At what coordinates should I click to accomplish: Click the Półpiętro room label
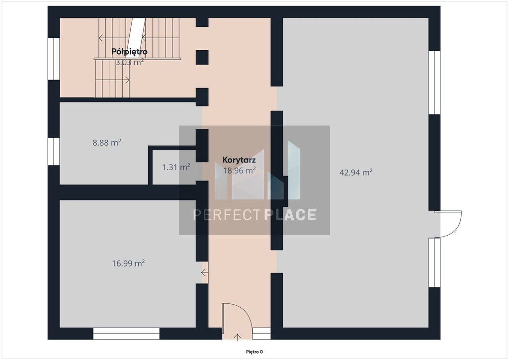[x=130, y=52]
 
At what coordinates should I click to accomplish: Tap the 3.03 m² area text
[x=130, y=62]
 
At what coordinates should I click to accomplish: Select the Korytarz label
[x=239, y=160]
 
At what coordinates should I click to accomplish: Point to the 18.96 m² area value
[x=239, y=171]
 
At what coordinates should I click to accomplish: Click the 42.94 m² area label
[x=356, y=173]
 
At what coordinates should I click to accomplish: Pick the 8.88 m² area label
[x=107, y=143]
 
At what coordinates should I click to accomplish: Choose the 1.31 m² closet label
[x=176, y=167]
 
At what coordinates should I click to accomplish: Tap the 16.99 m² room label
[x=128, y=263]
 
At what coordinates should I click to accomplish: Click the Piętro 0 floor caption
[x=254, y=352]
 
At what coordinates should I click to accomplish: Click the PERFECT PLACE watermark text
[x=254, y=215]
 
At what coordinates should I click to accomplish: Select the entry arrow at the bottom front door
[x=237, y=337]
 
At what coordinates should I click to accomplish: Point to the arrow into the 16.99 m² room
[x=204, y=272]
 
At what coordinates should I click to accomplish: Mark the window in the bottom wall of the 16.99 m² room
[x=126, y=334]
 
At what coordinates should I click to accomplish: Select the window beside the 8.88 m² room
[x=54, y=151]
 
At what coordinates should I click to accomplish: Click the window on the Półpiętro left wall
[x=54, y=59]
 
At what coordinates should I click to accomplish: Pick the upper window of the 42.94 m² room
[x=434, y=83]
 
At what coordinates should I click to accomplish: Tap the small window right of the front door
[x=261, y=334]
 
